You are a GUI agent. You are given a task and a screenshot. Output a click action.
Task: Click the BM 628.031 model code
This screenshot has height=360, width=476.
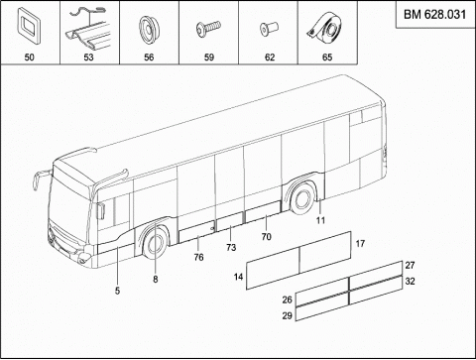click(x=434, y=15)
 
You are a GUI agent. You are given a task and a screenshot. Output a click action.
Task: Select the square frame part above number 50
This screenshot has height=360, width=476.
click(x=28, y=26)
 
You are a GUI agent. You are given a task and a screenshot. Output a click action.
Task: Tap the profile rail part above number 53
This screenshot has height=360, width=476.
click(x=89, y=29)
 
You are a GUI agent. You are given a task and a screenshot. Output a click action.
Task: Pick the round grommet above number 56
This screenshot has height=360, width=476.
click(x=149, y=29)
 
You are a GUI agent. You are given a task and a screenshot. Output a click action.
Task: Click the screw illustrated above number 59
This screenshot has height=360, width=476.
click(x=208, y=28)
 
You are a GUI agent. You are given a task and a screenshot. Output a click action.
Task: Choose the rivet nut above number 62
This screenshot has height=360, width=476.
click(x=269, y=29)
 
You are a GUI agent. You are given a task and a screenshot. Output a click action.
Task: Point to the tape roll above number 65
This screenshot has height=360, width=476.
click(x=325, y=28)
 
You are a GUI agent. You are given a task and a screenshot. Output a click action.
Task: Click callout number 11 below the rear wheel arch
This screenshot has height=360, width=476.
click(x=320, y=220)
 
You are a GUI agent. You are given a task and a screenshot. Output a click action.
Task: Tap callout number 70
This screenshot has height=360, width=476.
click(x=266, y=237)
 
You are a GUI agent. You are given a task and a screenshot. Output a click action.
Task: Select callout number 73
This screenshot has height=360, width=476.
click(x=231, y=247)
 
